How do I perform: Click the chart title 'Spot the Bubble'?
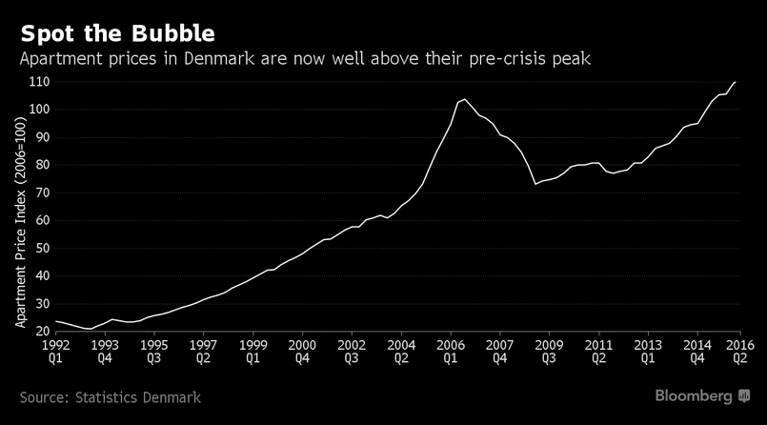117,33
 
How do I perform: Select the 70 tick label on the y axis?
39,192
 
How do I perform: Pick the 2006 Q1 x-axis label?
450,352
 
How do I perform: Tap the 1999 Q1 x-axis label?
252,352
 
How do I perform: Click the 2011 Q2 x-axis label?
597,352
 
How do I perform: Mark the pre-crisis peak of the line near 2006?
464,99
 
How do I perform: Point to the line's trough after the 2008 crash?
535,183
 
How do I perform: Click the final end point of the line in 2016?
736,82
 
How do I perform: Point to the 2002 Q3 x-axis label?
351,352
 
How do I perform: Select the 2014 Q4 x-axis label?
696,352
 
